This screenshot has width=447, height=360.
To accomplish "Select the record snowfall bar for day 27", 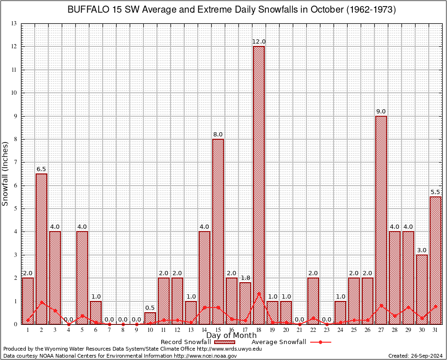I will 381,220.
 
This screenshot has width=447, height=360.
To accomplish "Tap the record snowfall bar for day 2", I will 41,249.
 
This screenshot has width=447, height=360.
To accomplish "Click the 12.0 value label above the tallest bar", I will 259,42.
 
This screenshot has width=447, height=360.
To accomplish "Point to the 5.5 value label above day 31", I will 436,192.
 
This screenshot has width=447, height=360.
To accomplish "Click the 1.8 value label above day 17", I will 245,278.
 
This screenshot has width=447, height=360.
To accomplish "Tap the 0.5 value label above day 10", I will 150,308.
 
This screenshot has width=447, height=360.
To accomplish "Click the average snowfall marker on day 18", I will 259,294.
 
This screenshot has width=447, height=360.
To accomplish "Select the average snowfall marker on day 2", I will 41,302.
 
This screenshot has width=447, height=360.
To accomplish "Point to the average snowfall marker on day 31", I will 436,306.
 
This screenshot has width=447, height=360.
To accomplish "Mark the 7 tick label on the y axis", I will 15,162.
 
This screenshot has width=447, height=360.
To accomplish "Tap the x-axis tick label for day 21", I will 299,330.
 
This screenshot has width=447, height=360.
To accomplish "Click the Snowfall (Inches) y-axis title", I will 6,173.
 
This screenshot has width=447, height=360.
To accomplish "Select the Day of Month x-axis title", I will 231,336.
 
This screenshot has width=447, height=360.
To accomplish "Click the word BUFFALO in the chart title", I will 87,9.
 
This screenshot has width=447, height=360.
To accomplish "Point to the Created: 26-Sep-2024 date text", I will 415,356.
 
